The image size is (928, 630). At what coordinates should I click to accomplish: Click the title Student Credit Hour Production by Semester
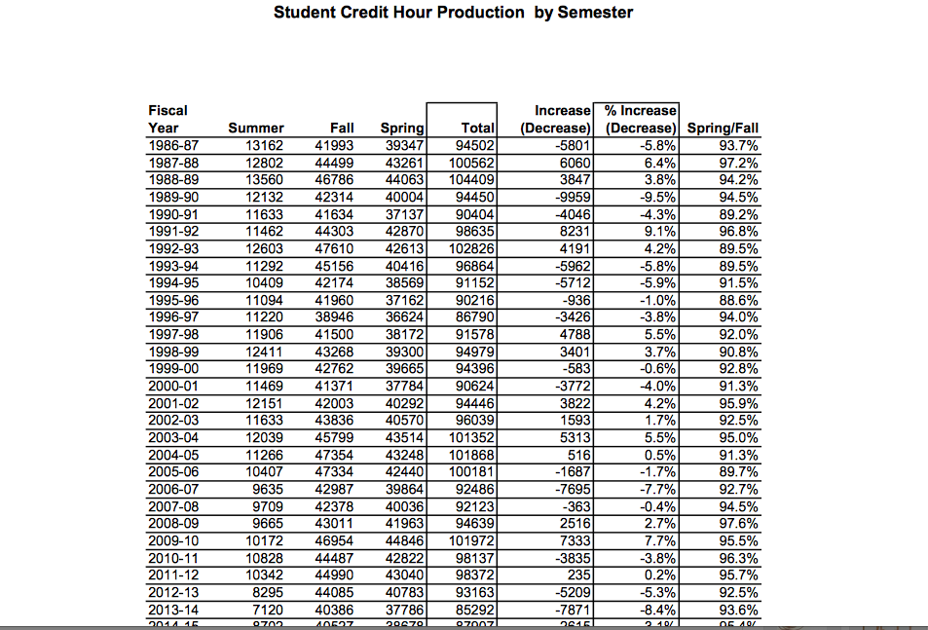tap(453, 13)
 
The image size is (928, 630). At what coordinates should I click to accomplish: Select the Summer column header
tap(256, 128)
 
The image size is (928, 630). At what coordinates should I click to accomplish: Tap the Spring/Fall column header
tap(723, 128)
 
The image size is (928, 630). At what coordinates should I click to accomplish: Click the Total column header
tap(477, 128)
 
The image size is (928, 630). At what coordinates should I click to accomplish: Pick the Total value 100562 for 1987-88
tap(473, 164)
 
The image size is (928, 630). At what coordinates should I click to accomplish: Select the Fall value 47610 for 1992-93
tap(334, 248)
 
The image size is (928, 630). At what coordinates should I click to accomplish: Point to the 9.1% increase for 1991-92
tap(657, 232)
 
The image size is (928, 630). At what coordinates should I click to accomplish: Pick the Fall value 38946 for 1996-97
tap(334, 316)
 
